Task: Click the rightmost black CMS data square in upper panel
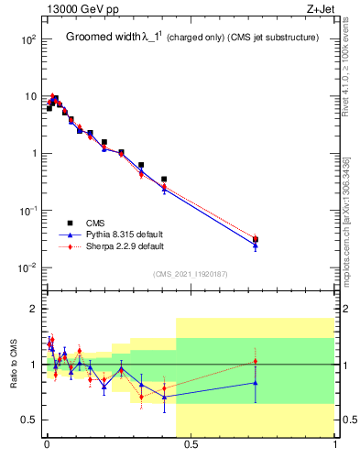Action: [x=256, y=240]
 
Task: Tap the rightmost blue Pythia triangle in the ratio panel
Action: [x=256, y=383]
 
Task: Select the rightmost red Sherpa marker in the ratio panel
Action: [x=256, y=362]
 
